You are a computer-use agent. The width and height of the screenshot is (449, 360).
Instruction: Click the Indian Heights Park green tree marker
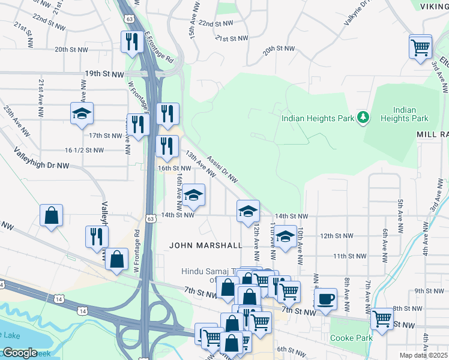pyautogui.click(x=363, y=117)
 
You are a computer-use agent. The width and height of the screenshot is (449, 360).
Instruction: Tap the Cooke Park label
pyautogui.click(x=352, y=338)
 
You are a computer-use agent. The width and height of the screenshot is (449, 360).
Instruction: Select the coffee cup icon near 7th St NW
pyautogui.click(x=325, y=299)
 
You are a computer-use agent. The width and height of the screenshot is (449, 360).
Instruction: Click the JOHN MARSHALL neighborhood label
pyautogui.click(x=206, y=245)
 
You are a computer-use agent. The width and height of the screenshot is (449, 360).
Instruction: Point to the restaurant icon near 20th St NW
pyautogui.click(x=130, y=41)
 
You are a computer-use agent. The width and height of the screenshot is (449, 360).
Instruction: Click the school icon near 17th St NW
pyautogui.click(x=82, y=113)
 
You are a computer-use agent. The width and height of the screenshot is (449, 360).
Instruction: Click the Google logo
pyautogui.click(x=19, y=352)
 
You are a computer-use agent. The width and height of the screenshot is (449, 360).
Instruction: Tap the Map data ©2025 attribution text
pyautogui.click(x=424, y=355)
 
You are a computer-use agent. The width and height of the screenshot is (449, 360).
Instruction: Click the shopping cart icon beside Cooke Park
pyautogui.click(x=382, y=318)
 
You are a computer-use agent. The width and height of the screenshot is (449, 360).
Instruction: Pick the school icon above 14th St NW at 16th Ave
pyautogui.click(x=193, y=194)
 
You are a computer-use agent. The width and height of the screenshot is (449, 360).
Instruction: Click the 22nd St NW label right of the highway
pyautogui.click(x=214, y=23)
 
